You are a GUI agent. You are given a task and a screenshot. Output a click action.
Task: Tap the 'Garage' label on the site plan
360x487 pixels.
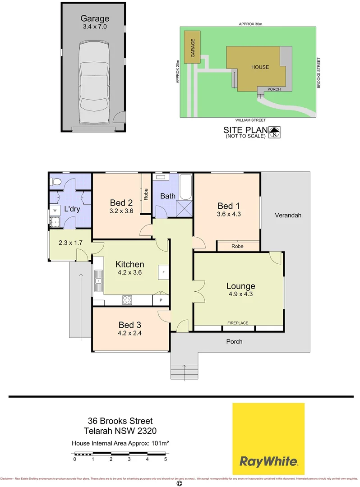point(193,48)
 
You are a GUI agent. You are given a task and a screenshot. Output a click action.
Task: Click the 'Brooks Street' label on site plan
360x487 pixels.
point(318,73)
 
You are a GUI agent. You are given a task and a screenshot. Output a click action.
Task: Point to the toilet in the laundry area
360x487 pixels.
point(55,182)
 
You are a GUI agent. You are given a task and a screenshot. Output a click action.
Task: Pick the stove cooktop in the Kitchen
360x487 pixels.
point(127,299)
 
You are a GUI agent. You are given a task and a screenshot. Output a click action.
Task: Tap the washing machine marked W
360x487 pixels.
point(55,210)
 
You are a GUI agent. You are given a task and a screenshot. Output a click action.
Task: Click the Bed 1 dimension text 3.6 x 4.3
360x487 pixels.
point(229,215)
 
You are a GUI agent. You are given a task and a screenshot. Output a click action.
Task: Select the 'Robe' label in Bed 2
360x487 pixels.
point(146,194)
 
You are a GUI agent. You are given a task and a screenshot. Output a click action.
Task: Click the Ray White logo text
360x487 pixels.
point(268,461)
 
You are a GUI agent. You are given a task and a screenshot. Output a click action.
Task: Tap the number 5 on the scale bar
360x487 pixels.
point(166,459)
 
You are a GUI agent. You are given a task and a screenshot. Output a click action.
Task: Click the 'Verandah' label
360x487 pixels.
point(287,216)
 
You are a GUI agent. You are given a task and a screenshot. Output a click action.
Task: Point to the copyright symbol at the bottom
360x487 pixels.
point(179,483)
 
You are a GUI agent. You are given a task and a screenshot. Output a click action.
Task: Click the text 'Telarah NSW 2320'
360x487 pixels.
point(120,431)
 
